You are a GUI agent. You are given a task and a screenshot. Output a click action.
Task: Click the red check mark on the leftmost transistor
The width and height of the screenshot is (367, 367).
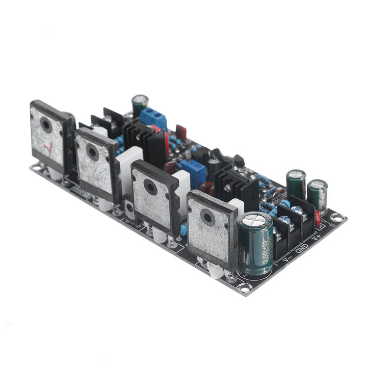[x=48, y=148]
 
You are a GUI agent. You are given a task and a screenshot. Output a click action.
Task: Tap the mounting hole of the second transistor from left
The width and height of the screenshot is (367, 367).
[x=92, y=151]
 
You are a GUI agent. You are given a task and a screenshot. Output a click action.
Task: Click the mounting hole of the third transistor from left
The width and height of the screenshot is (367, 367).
[x=150, y=188]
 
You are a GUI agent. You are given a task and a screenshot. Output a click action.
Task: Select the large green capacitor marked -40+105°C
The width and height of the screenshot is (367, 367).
[x=255, y=244]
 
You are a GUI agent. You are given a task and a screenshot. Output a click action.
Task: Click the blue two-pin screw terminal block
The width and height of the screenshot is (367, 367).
[x=153, y=118]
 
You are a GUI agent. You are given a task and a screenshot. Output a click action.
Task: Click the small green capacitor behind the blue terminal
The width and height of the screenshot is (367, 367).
[x=140, y=105]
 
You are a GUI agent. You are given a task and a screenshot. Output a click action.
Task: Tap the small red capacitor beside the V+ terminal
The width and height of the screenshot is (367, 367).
[x=318, y=218]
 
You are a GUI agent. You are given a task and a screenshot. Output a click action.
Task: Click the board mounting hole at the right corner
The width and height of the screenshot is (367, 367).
[x=335, y=217]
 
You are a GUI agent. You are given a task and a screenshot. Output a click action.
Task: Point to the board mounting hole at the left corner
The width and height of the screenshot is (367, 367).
[x=36, y=167]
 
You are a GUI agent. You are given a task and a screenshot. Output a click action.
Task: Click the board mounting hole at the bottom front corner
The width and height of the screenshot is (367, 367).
[x=244, y=288]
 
